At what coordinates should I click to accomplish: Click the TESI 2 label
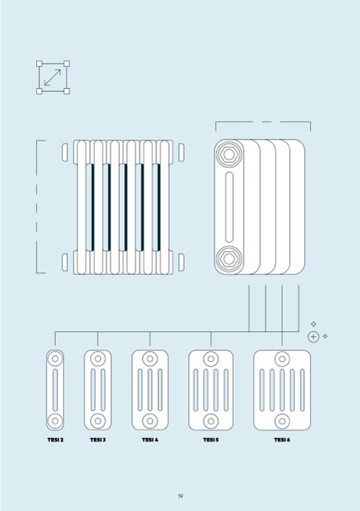[x=56, y=439]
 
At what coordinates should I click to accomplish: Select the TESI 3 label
[x=98, y=439]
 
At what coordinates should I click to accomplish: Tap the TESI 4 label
[x=150, y=439]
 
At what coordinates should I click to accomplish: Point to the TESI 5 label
[x=211, y=439]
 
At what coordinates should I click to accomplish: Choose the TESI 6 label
[x=282, y=439]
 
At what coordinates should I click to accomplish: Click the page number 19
[x=181, y=496]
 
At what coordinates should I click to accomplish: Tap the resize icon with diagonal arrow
[x=53, y=78]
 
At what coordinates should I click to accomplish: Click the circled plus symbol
[x=313, y=337]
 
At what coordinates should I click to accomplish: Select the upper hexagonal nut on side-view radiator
[x=229, y=155]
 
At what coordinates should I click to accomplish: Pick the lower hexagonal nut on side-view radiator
[x=229, y=259]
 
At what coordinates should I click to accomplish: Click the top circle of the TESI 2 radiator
[x=55, y=359]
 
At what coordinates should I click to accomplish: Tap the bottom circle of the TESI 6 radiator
[x=282, y=421]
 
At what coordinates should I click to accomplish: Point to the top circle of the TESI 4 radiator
[x=150, y=359]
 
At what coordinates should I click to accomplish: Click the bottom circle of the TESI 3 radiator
[x=98, y=421]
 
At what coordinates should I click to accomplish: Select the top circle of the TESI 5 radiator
[x=211, y=359]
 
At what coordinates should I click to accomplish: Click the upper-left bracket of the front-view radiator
[x=65, y=152]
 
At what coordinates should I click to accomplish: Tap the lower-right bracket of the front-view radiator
[x=182, y=262]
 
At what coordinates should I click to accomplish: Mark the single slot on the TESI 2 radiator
[x=55, y=390]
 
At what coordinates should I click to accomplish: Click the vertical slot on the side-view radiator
[x=229, y=207]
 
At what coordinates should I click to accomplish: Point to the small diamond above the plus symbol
[x=313, y=324]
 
